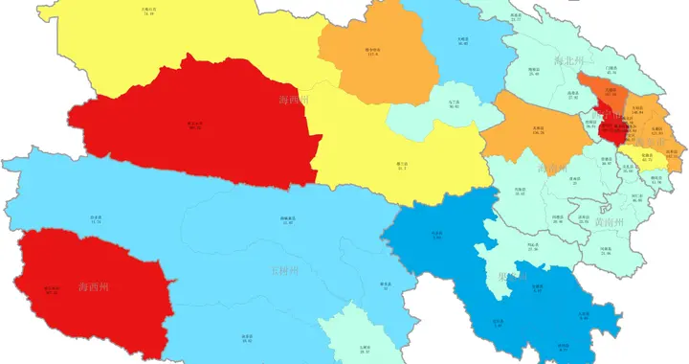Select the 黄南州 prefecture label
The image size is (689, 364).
[x=609, y=222]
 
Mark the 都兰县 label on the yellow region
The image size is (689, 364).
[x=401, y=165]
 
